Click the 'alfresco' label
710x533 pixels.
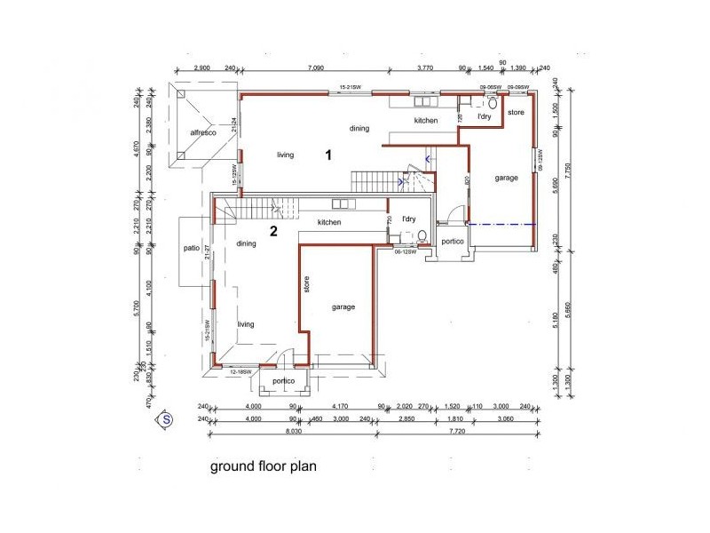click(x=203, y=132)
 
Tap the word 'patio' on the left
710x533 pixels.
click(x=189, y=249)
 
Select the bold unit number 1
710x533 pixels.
click(x=327, y=155)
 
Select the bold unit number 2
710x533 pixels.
click(x=273, y=232)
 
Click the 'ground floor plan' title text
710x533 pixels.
click(x=264, y=465)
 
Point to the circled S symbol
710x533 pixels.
click(x=164, y=418)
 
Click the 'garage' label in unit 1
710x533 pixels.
click(x=506, y=178)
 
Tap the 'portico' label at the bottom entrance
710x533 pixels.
click(x=283, y=380)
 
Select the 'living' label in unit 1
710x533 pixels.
click(x=285, y=155)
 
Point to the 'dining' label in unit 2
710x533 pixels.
click(x=247, y=243)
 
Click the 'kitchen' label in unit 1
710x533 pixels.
click(x=425, y=120)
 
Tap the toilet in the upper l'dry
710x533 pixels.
click(x=492, y=103)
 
